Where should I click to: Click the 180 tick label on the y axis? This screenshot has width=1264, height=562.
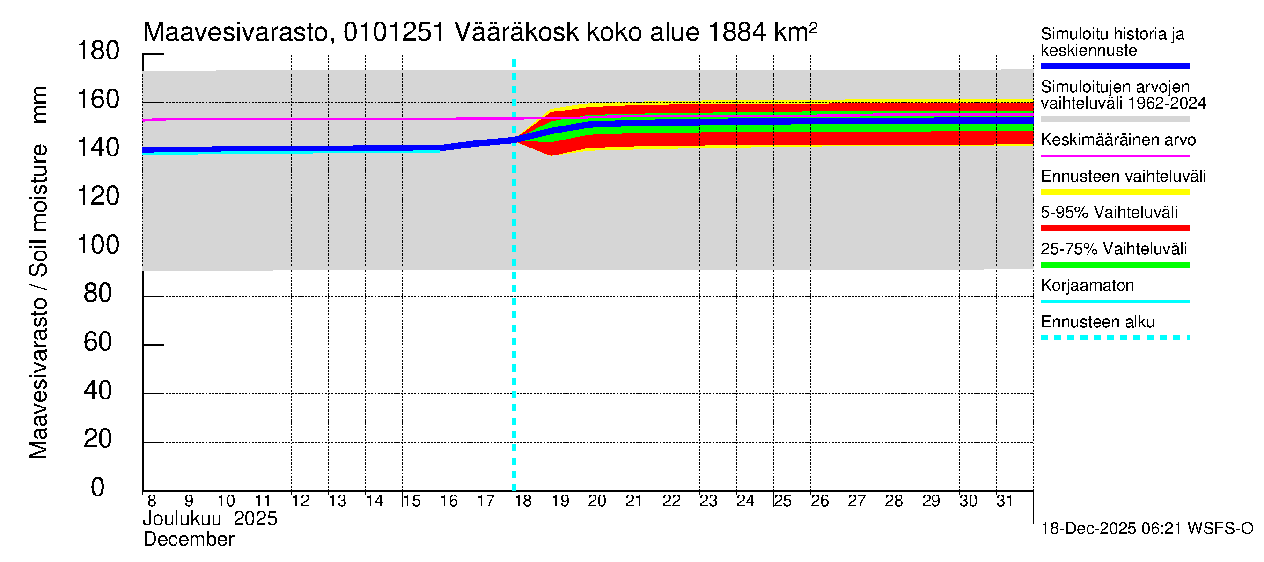coord(98,51)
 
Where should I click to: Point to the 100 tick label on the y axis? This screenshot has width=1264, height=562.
coord(98,245)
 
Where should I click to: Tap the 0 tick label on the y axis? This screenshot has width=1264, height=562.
coord(98,488)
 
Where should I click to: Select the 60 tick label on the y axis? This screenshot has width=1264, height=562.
coord(98,342)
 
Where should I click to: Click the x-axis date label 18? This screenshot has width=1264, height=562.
coord(522,501)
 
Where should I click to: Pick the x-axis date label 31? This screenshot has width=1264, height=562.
coord(1005,501)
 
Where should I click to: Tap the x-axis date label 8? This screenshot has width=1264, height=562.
coord(152,501)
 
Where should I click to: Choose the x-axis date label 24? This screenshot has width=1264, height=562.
coord(745,501)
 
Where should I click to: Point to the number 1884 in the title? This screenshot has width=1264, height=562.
coord(737,32)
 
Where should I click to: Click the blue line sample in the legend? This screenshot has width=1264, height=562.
coord(1114,66)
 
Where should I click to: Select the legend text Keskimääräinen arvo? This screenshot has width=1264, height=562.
coord(1118,140)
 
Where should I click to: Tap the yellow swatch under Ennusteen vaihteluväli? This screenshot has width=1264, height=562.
coord(1114,192)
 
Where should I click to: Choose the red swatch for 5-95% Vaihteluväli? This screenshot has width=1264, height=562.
coord(1114,228)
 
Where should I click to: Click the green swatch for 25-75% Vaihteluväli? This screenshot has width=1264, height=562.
coord(1114,265)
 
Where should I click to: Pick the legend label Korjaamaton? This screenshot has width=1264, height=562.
coord(1087,286)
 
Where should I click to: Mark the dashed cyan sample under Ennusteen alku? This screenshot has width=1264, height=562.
coord(1114,338)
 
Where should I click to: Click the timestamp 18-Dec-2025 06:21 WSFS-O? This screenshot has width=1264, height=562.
coord(1146,529)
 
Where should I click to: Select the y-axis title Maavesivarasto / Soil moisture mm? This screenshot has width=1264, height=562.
coord(38,273)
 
